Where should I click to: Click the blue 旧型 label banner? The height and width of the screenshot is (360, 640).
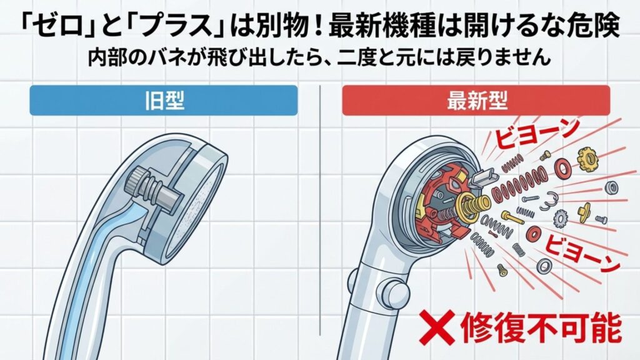point(163,101)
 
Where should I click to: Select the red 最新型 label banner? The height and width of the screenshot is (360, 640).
point(476,101)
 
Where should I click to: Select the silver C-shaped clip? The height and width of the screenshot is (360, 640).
point(546,201)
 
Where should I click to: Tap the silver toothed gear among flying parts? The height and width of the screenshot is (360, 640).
point(561,219)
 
